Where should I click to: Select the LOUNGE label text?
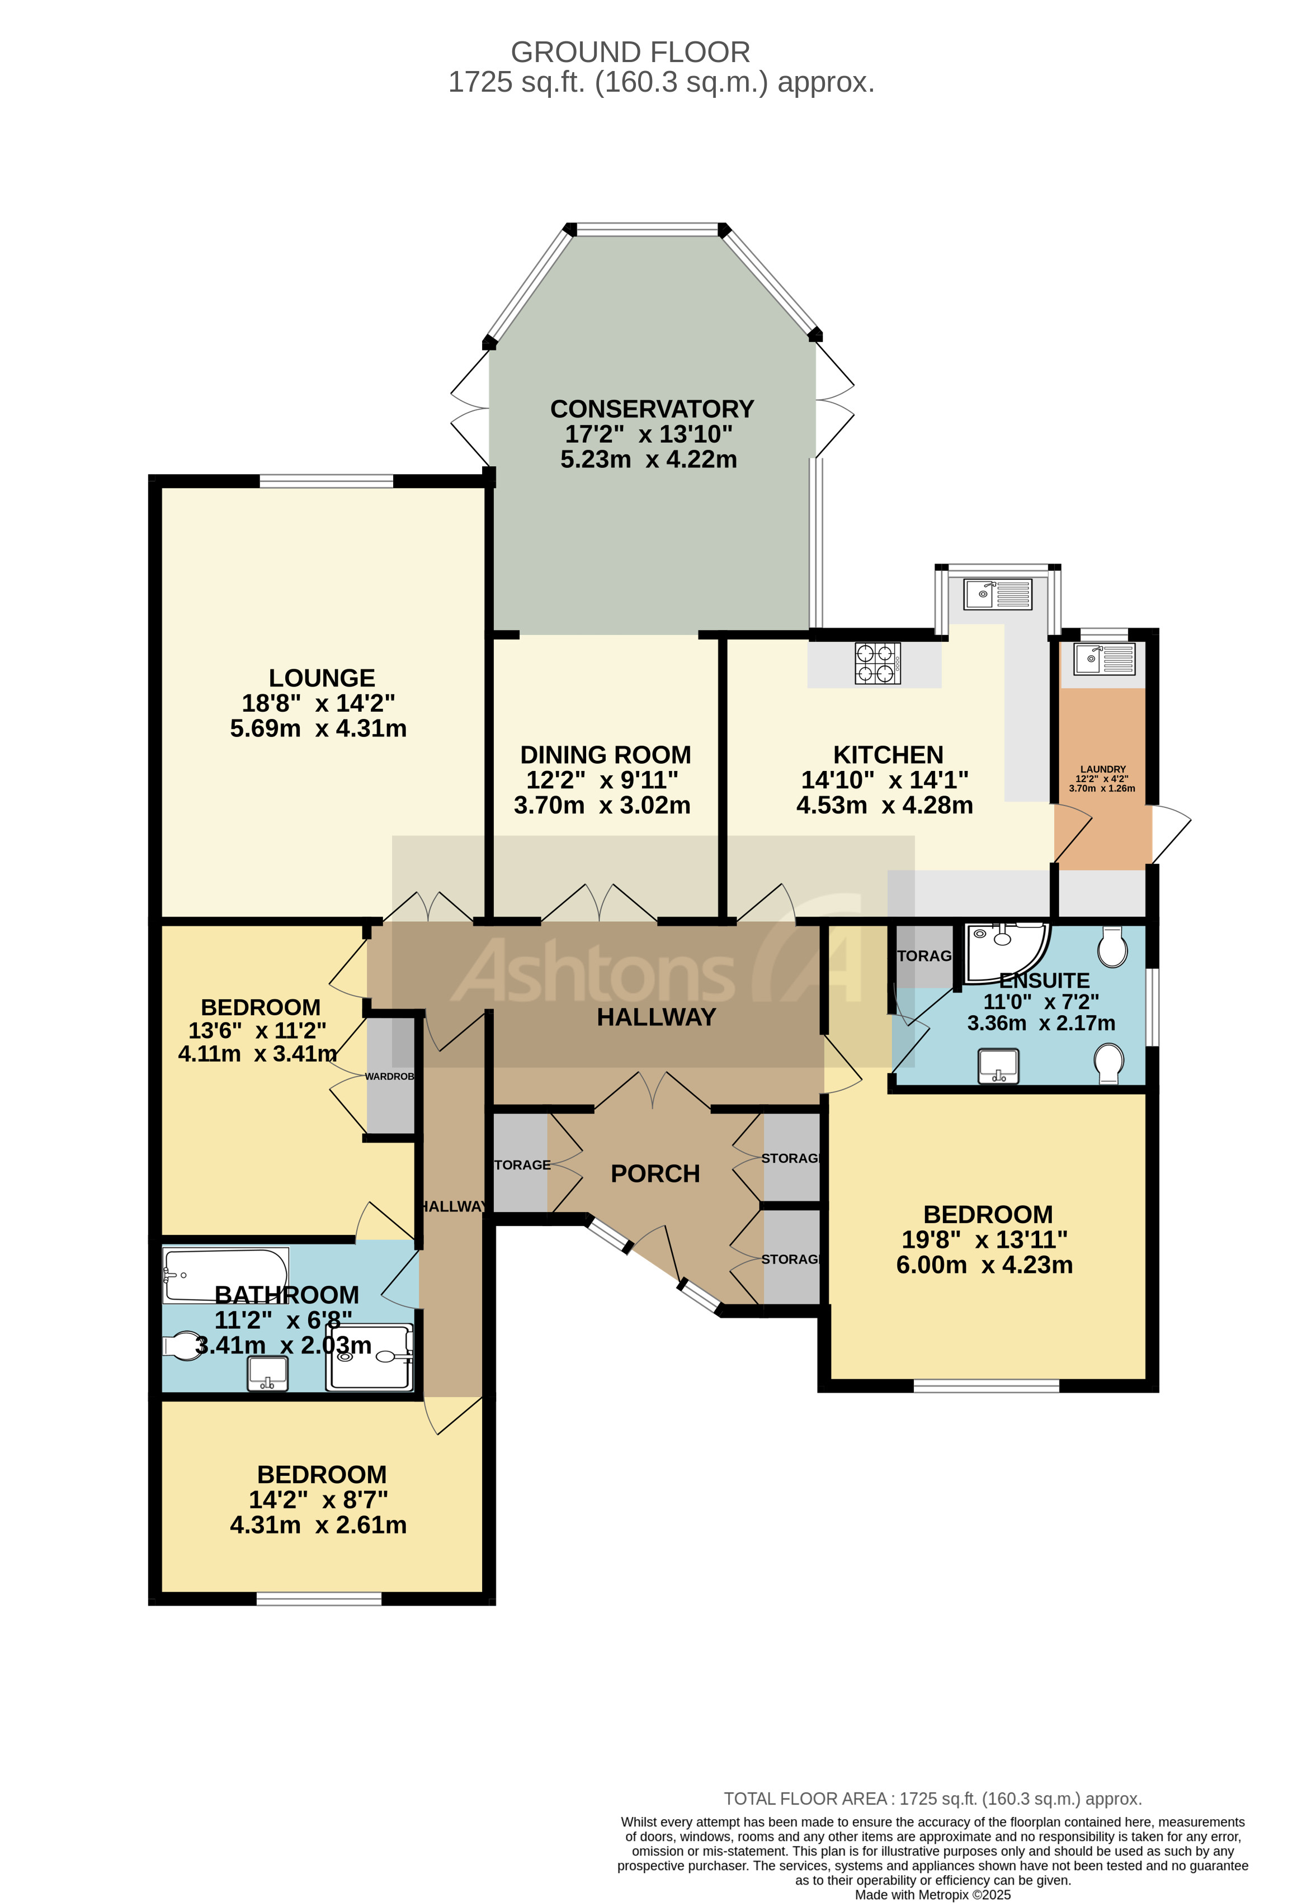322,678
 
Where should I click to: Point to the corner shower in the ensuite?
1005,952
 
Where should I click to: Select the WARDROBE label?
390,1076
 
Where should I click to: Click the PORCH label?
655,1173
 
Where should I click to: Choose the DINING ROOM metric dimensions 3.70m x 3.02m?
602,806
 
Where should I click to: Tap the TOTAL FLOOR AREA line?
932,1799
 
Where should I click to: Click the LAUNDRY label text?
1102,769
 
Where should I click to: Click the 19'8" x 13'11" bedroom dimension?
984,1240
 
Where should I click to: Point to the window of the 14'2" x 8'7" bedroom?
319,1598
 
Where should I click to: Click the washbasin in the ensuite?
998,1066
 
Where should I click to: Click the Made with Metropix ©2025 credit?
932,1894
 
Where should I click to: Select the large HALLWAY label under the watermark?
656,1017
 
